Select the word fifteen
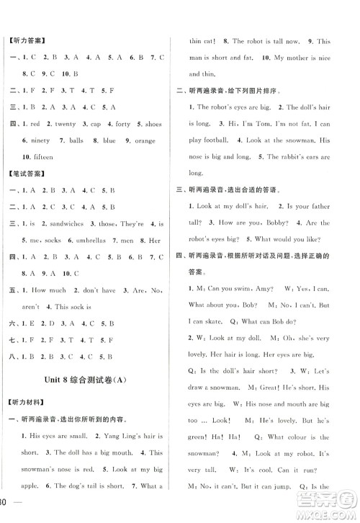pyautogui.click(x=40, y=156)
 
